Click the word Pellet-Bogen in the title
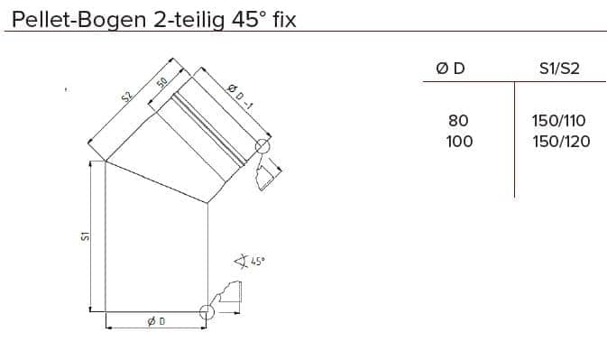coord(78,20)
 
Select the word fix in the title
coord(284,19)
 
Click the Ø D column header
coord(450,69)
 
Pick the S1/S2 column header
coord(559,69)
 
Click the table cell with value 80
coord(458,121)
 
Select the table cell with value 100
coord(459,142)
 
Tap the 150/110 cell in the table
coord(558,121)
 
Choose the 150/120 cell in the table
coord(561,142)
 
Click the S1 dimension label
coord(85,235)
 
